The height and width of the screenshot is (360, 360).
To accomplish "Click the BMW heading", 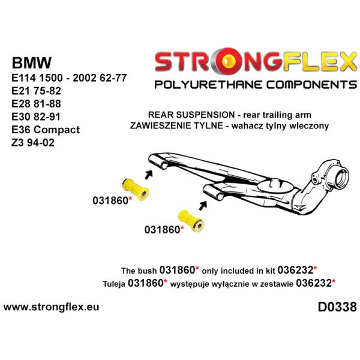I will pos(32,63).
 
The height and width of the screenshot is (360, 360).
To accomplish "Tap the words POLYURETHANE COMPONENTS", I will pos(255,84).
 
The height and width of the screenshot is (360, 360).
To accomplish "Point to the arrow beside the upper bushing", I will pos(148,175).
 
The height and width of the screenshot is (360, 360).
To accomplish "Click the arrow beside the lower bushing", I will pos(203,206).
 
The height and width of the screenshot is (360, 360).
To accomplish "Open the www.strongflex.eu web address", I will pos(52,307).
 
